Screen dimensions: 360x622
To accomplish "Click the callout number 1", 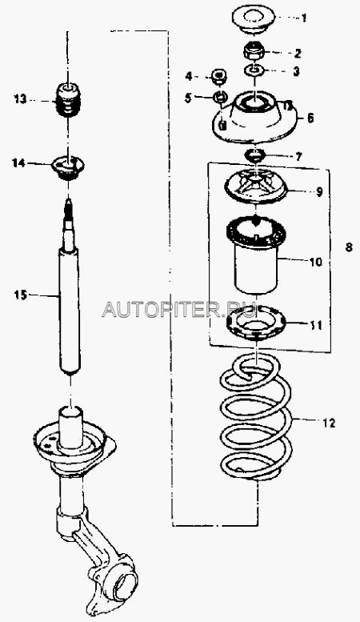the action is click(304, 18).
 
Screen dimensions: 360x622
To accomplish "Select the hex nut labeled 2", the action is click(254, 50).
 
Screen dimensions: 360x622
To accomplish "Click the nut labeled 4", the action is click(219, 76).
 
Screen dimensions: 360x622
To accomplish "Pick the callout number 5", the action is click(187, 98).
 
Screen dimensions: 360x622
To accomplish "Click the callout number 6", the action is click(310, 118).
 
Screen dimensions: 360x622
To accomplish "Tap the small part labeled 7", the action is click(255, 154).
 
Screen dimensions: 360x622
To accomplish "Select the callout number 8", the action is click(349, 247).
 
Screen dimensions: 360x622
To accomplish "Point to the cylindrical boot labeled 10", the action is click(256, 255).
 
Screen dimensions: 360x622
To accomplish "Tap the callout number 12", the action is click(329, 423).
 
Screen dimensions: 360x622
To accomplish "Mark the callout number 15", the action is click(20, 295).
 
